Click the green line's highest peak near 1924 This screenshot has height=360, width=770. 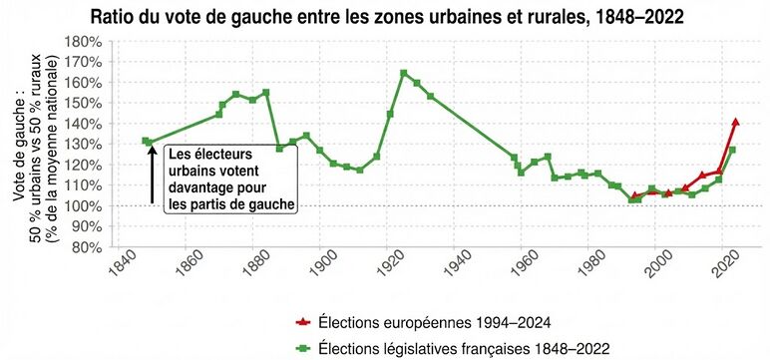click(404, 73)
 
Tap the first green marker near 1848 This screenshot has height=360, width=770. click(146, 142)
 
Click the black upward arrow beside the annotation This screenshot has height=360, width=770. click(152, 175)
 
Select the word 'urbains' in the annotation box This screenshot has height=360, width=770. click(193, 172)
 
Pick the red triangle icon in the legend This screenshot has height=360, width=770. click(302, 322)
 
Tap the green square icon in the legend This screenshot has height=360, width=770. click(302, 346)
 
